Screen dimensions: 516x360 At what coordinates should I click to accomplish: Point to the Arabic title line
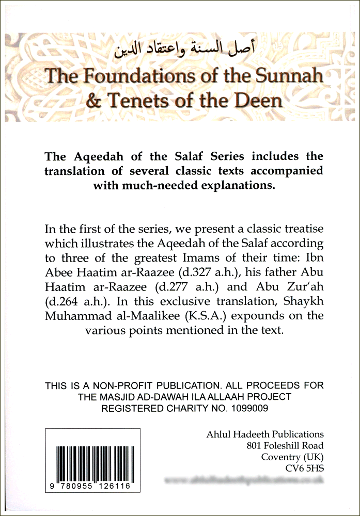[181, 52]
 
